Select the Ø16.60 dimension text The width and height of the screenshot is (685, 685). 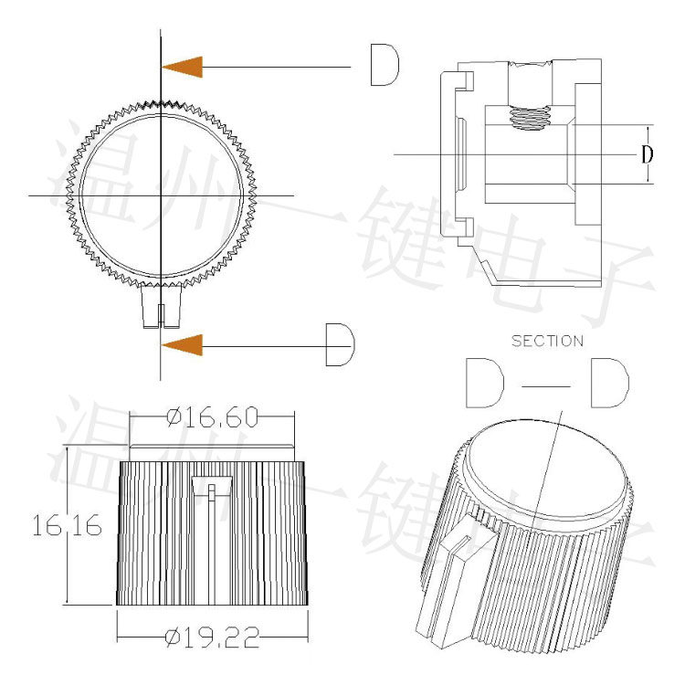[212, 417]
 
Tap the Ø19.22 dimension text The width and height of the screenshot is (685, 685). [213, 638]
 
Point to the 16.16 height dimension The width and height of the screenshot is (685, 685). [67, 525]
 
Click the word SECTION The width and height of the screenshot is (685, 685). [547, 342]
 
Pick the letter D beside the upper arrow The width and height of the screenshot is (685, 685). [385, 65]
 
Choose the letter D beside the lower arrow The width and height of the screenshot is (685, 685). [341, 344]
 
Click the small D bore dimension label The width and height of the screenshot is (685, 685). [647, 154]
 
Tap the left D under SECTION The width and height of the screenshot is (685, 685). [485, 383]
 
